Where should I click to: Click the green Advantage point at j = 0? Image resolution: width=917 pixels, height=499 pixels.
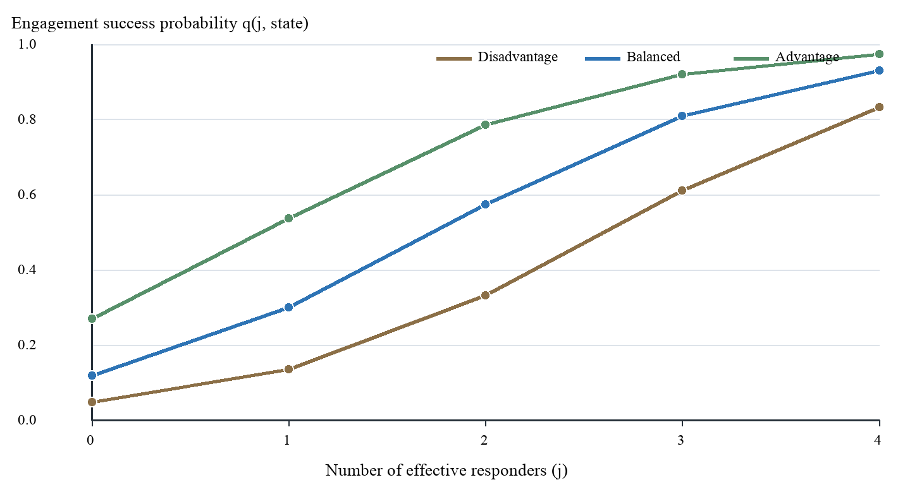click(x=92, y=318)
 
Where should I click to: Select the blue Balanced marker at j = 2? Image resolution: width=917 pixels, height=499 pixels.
click(x=486, y=204)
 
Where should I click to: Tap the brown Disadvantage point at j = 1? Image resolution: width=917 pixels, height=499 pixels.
click(x=288, y=370)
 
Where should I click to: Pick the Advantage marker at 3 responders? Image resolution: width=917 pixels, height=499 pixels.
click(x=682, y=75)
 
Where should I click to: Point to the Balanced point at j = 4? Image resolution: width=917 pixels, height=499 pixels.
click(x=879, y=71)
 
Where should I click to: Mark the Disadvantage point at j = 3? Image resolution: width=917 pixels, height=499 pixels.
click(x=682, y=191)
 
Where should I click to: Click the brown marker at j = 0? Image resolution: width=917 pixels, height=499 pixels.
click(x=92, y=402)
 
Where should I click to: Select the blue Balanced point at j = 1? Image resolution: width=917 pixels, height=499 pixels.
click(x=288, y=307)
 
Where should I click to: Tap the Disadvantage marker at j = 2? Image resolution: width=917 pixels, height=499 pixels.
click(x=486, y=296)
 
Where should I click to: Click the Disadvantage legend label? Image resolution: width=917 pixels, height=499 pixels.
click(x=517, y=57)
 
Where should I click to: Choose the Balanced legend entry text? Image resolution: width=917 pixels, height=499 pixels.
click(x=653, y=57)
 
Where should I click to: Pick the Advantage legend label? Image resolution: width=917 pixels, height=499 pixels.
click(x=807, y=57)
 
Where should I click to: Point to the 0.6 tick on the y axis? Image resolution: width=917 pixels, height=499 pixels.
click(x=27, y=195)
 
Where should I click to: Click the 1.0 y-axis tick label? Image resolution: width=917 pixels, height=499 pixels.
click(x=27, y=44)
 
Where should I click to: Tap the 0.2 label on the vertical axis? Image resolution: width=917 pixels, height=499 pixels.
click(x=27, y=346)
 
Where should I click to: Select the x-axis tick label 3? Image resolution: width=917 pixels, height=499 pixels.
click(x=680, y=440)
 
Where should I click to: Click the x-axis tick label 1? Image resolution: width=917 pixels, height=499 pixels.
click(x=287, y=440)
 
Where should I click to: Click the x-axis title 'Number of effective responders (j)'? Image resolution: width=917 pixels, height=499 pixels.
click(x=446, y=471)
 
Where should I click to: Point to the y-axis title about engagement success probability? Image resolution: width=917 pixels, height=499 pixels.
click(x=160, y=23)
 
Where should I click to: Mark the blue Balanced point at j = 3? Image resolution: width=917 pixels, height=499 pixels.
click(x=682, y=116)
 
